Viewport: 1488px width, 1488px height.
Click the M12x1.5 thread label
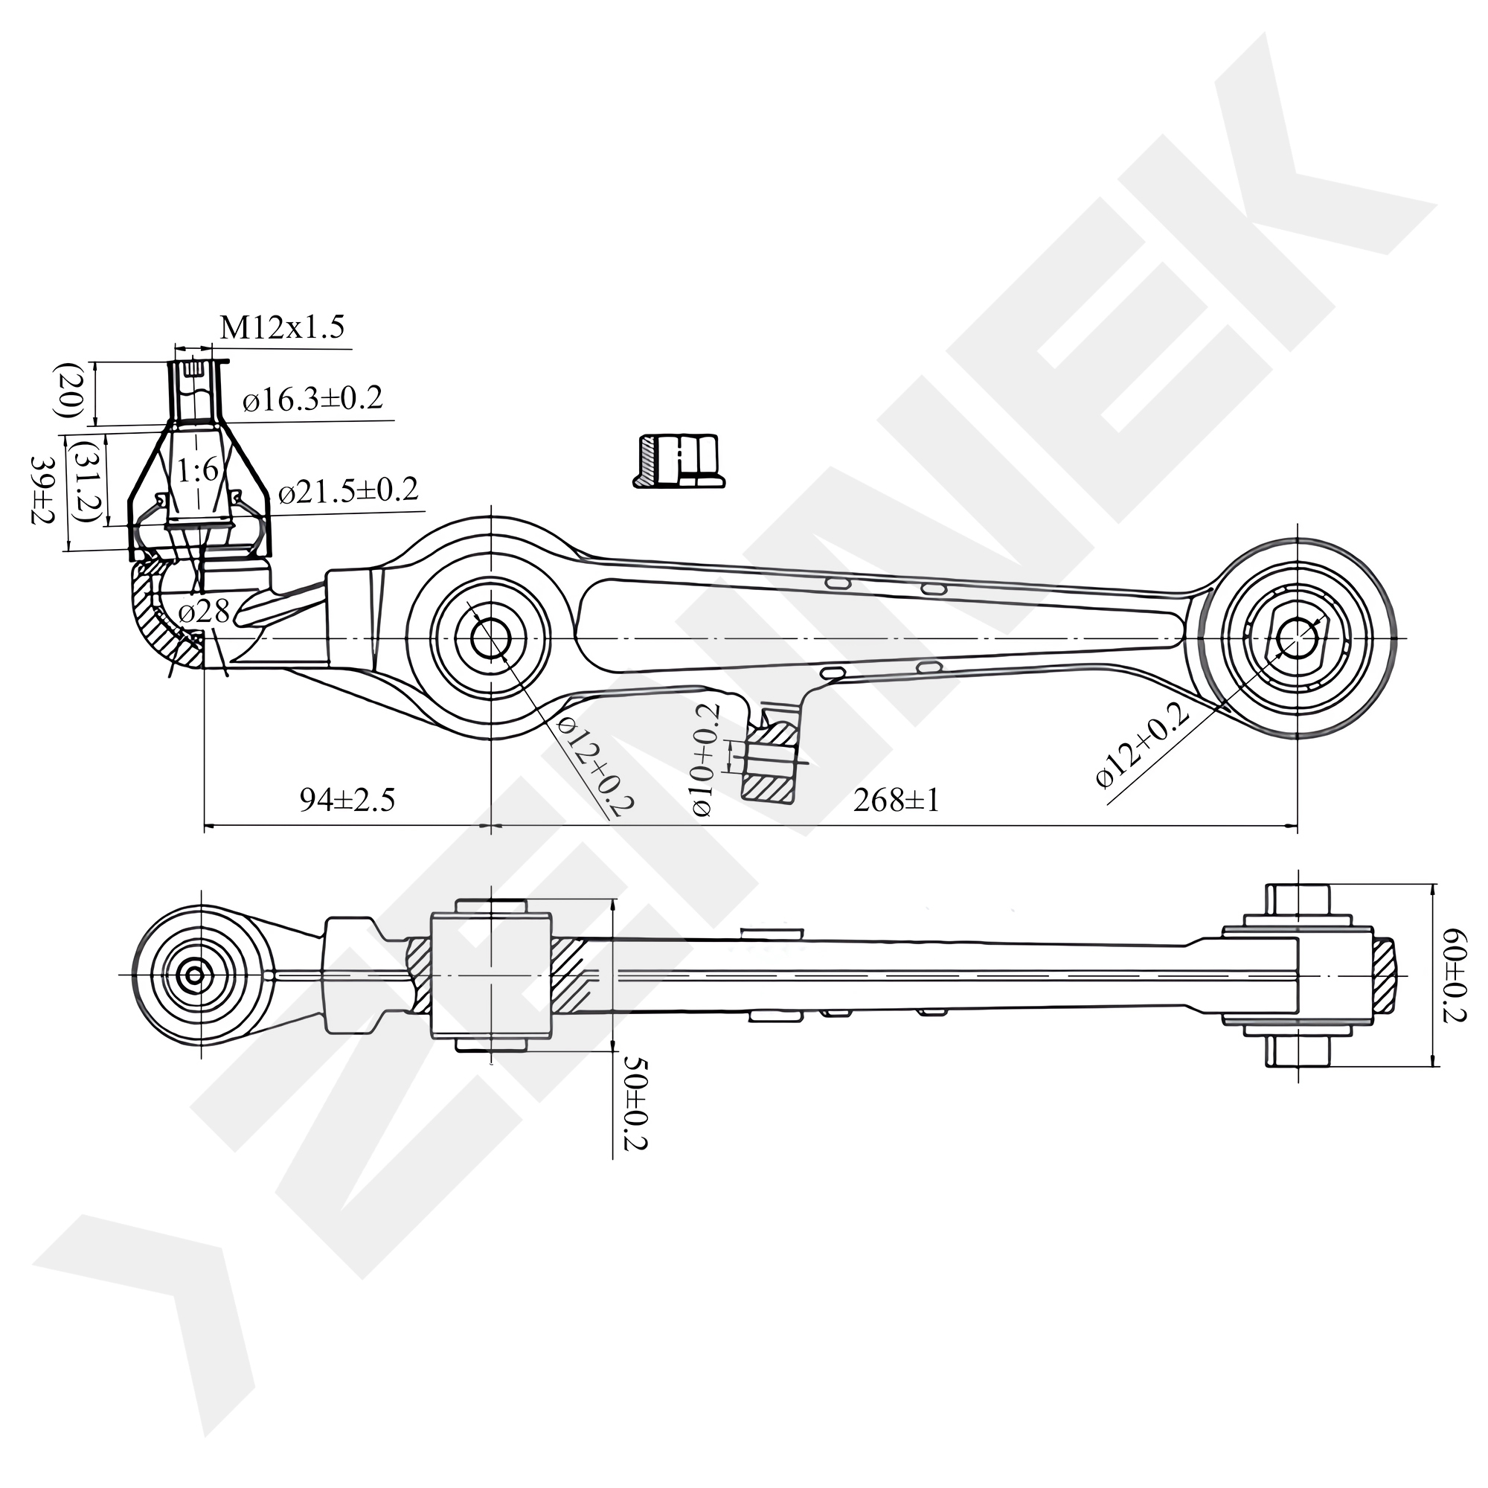coord(282,327)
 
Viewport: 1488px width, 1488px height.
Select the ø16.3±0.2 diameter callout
coord(312,399)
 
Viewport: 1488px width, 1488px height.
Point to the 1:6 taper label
coord(198,469)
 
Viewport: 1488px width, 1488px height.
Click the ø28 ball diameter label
coord(203,612)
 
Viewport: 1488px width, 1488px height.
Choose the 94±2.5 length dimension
coord(347,801)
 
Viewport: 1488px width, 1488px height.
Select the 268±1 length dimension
coord(897,801)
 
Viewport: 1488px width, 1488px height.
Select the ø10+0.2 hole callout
coord(705,759)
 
